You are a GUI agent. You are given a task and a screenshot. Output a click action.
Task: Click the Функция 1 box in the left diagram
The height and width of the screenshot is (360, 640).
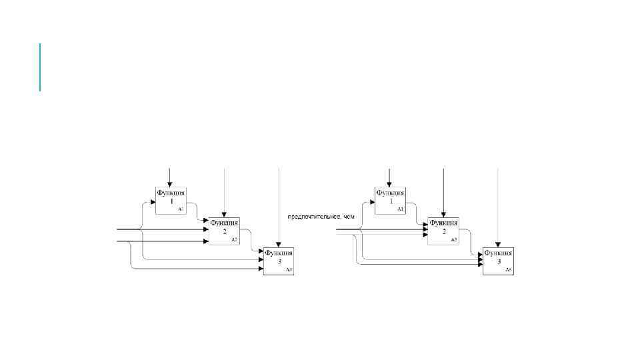pyautogui.click(x=169, y=200)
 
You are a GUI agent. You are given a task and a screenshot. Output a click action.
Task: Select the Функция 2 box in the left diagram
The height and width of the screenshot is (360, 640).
pyautogui.click(x=224, y=231)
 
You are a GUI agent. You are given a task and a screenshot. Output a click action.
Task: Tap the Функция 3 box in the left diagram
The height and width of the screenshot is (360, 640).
pyautogui.click(x=278, y=261)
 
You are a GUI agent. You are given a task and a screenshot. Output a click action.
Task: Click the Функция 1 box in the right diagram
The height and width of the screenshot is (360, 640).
pyautogui.click(x=389, y=200)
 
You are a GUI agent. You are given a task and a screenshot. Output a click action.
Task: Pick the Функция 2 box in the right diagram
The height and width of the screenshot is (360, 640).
pyautogui.click(x=443, y=231)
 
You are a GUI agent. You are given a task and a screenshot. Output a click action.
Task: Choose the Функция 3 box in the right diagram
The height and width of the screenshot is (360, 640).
pyautogui.click(x=498, y=261)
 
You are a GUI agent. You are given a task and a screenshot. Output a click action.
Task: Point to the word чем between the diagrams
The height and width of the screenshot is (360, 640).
pyautogui.click(x=349, y=217)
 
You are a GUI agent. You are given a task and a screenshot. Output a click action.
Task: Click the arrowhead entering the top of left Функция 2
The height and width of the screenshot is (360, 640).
pyautogui.click(x=224, y=214)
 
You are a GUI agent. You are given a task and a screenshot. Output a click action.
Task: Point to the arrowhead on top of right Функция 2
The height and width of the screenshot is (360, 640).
pyautogui.click(x=443, y=214)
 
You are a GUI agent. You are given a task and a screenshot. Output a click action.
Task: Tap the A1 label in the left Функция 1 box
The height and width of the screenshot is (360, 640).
pyautogui.click(x=180, y=209)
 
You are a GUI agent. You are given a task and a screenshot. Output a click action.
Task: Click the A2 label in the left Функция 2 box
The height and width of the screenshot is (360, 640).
pyautogui.click(x=234, y=239)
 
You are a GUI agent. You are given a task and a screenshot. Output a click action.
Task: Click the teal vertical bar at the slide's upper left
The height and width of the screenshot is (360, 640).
pyautogui.click(x=40, y=67)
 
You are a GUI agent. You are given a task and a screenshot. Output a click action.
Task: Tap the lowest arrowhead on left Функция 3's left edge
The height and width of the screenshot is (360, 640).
pyautogui.click(x=260, y=269)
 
